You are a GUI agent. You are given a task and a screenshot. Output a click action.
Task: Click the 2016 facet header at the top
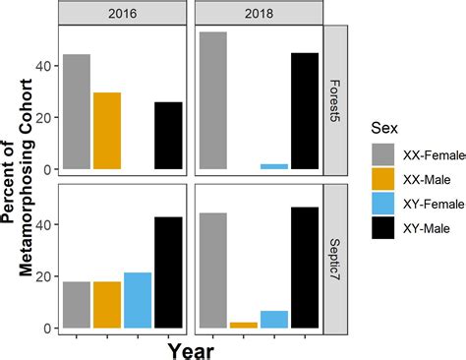[123, 13]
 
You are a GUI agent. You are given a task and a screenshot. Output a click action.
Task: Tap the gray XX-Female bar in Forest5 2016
[77, 112]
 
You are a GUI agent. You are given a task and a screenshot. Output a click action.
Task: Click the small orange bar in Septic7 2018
[243, 325]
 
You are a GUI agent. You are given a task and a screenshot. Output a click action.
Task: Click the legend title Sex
[386, 127]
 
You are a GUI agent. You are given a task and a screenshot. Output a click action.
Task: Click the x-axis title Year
[190, 349]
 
